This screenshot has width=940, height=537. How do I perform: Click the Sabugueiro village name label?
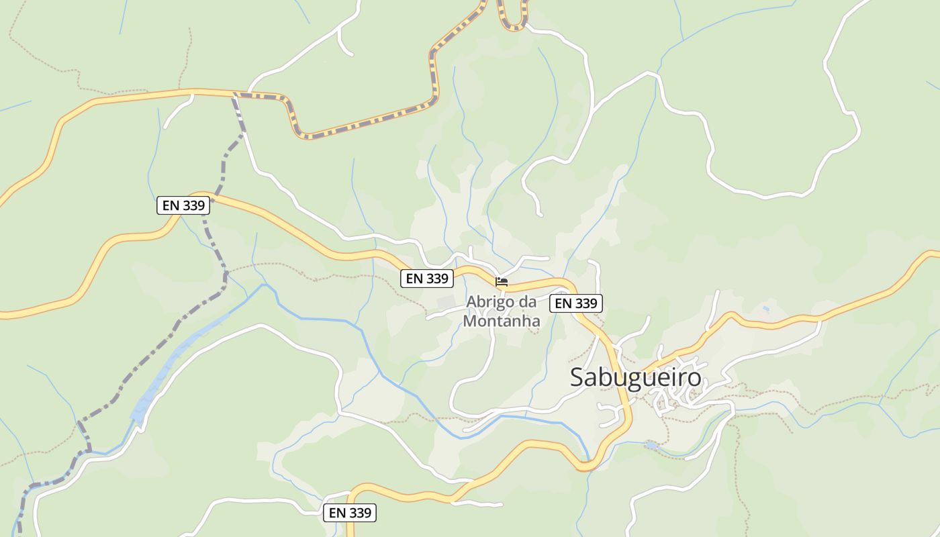pos(635,378)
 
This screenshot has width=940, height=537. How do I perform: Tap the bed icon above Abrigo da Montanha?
pos(502,282)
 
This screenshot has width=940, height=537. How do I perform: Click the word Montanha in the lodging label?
pos(502,321)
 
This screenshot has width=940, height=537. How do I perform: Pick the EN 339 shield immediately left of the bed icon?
pos(427,278)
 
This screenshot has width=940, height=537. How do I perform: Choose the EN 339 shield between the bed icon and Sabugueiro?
pos(576,303)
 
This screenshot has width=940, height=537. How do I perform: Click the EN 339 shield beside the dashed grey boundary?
pos(183,205)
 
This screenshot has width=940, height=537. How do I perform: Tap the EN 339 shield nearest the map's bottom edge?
pos(350,513)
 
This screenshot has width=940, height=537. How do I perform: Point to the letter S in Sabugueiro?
pos(577,378)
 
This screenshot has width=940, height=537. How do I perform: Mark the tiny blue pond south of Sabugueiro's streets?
pos(650,445)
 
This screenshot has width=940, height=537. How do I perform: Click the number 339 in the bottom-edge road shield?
pos(360,513)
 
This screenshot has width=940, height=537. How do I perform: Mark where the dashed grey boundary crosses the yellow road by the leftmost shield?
pos(205,197)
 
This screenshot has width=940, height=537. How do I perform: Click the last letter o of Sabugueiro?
pos(694,378)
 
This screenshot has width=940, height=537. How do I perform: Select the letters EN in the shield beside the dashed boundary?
pos(171,205)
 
